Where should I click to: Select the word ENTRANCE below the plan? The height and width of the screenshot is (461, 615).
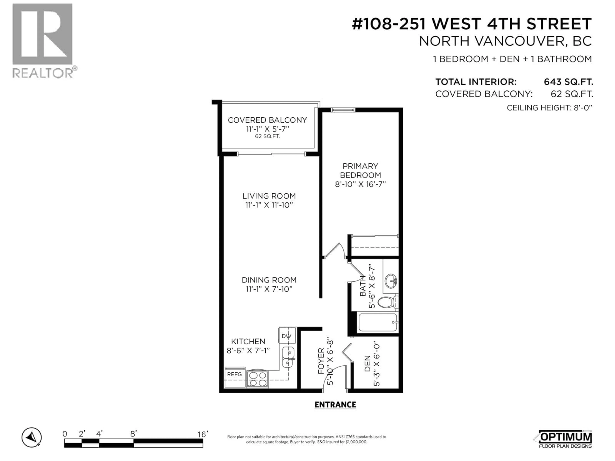[335, 405]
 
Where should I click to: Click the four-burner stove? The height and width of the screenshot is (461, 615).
[257, 379]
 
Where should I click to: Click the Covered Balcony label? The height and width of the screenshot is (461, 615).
[267, 120]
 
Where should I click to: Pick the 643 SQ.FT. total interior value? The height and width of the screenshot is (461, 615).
[568, 82]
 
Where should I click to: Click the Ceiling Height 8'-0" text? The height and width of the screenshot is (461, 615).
[549, 108]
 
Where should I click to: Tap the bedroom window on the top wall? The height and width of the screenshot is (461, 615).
[343, 110]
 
